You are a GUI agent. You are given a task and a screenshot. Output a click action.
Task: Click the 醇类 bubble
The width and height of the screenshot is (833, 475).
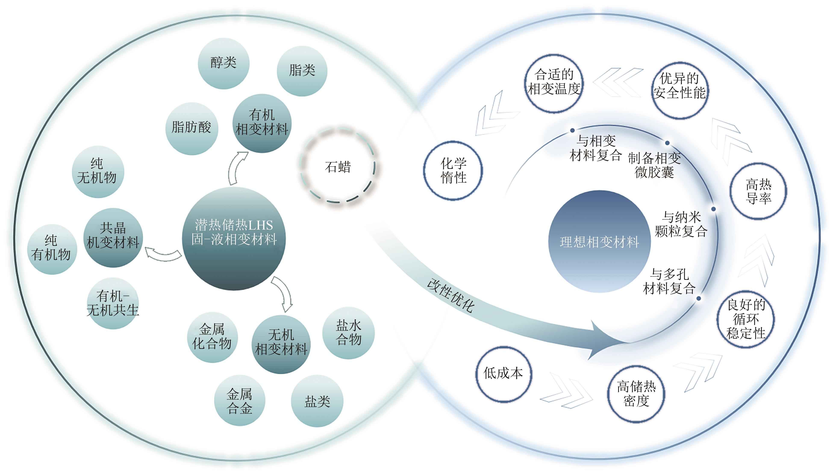tap(224, 63)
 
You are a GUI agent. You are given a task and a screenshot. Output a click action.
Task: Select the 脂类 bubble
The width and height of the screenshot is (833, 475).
tap(302, 71)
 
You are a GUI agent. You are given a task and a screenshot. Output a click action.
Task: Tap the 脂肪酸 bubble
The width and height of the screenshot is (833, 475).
tap(191, 128)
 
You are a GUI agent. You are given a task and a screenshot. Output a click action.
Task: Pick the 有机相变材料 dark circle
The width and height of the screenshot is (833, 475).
tap(262, 123)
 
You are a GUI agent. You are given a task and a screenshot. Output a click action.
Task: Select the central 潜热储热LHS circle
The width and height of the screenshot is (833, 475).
tap(234, 238)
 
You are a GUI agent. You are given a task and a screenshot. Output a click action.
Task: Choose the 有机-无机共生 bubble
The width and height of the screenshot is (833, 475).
tap(113, 303)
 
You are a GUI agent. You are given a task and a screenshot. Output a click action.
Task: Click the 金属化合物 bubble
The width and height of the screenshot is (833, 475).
tap(212, 337)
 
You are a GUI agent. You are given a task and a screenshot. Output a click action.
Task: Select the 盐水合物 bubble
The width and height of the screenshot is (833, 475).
tap(348, 333)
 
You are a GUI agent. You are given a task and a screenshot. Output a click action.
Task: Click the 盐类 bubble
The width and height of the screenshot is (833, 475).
tap(317, 401)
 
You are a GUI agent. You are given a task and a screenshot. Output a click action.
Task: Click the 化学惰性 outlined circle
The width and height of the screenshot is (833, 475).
tap(453, 170)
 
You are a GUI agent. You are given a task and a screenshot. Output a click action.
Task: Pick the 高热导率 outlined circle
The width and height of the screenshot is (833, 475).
tap(758, 191)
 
